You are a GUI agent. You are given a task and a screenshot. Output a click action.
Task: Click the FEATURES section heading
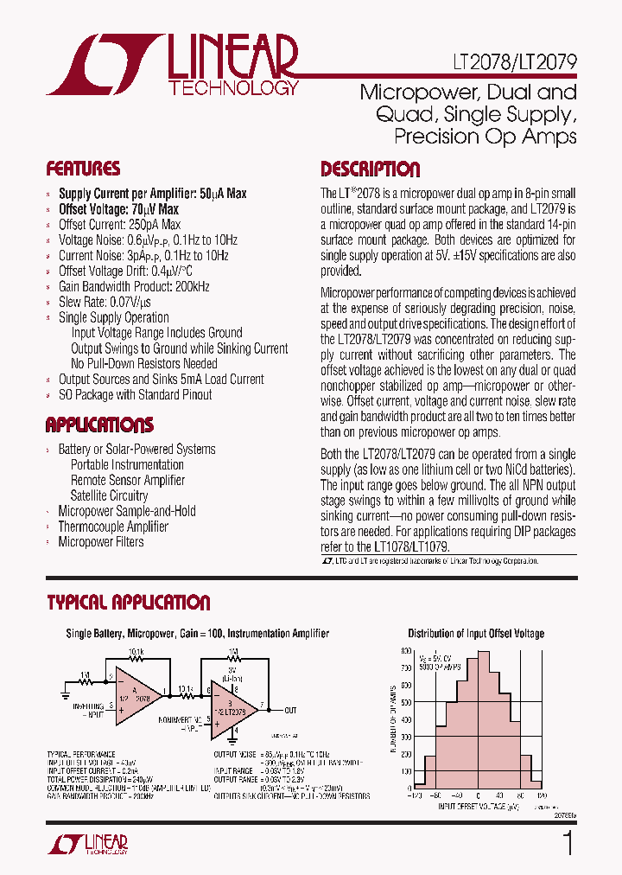83,169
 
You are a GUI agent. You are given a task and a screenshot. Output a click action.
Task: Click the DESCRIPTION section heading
370,169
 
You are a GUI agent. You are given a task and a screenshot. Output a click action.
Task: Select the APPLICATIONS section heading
99,425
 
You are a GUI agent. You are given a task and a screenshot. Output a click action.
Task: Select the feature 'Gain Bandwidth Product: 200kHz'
134,286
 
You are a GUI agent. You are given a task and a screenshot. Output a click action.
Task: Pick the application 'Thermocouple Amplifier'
112,527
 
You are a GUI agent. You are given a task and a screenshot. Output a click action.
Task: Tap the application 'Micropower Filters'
100,542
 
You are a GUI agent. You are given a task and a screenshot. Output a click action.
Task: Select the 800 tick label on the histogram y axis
407,650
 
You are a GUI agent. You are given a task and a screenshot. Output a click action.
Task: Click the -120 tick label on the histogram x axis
416,795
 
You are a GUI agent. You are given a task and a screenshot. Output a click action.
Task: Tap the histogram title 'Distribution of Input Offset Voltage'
476,634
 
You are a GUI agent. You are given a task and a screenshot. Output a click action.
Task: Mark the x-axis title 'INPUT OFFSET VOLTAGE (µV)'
478,806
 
